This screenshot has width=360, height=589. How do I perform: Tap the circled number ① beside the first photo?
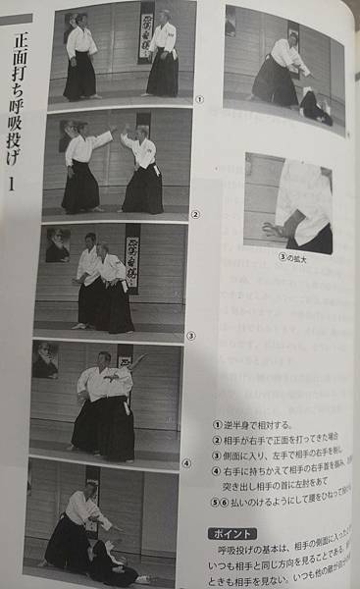(x=199, y=98)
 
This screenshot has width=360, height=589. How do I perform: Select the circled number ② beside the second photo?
(x=196, y=213)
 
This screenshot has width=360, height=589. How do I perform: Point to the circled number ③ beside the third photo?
(x=192, y=334)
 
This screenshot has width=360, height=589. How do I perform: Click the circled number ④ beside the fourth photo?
(x=186, y=462)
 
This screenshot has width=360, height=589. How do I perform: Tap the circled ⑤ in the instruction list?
(x=217, y=501)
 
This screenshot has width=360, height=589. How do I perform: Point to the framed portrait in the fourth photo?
(x=44, y=360)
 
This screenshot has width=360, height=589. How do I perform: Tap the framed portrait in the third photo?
(x=58, y=246)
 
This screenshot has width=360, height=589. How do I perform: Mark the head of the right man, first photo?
(x=162, y=19)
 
